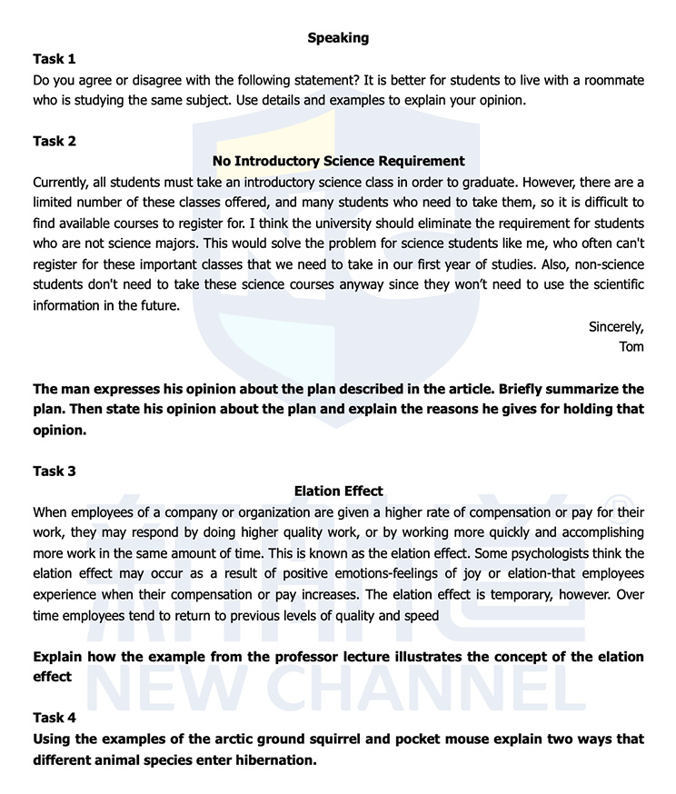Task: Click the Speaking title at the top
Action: coord(338,37)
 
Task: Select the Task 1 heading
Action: coord(55,59)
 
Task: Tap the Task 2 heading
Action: coord(55,141)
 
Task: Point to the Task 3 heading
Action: coord(55,471)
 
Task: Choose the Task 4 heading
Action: coord(55,718)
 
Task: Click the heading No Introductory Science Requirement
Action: coord(338,161)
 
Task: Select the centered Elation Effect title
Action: coord(338,491)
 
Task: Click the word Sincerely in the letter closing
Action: coord(616,326)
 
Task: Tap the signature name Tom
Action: coord(631,346)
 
